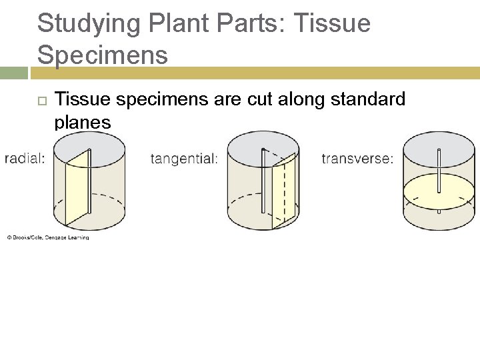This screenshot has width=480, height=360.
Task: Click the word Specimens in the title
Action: coord(103,55)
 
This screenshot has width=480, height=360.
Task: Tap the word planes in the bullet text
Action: coord(83,122)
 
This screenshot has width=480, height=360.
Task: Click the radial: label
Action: coord(25,158)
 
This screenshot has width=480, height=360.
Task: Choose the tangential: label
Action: coord(184,159)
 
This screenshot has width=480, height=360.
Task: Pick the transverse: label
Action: coord(357,159)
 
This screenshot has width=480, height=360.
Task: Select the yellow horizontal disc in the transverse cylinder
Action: coord(427,191)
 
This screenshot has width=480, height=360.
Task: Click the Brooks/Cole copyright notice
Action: coord(48,237)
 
